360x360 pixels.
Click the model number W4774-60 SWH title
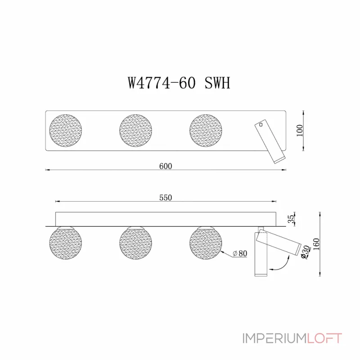(x=179, y=83)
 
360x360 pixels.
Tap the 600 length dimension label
(x=166, y=166)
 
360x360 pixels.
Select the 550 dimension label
(x=166, y=197)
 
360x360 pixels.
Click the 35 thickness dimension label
(x=291, y=219)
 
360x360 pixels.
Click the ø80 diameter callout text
(x=241, y=254)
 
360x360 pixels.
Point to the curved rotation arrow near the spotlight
(x=283, y=264)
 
